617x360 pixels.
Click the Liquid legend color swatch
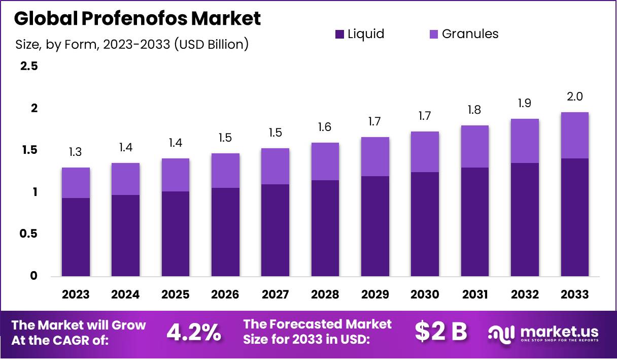(x=339, y=35)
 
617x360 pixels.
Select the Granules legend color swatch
(x=434, y=35)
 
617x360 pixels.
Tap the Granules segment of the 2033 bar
(x=575, y=135)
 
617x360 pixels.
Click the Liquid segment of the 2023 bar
(x=76, y=237)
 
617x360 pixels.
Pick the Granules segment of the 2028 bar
(x=325, y=161)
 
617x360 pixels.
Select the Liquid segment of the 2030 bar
(x=425, y=224)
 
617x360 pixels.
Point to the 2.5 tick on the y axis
(x=28, y=67)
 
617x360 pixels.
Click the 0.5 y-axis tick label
(x=28, y=234)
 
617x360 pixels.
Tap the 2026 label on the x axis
(x=225, y=294)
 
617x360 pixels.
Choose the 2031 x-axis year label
(x=475, y=294)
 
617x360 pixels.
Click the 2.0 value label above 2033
(x=575, y=96)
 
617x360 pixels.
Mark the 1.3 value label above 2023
(x=76, y=152)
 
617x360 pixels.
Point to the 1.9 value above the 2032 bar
(x=525, y=103)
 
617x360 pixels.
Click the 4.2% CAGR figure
(x=194, y=332)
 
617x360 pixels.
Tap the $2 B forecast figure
(x=440, y=332)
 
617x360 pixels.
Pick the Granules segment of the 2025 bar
(x=176, y=175)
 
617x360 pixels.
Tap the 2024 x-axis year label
(x=125, y=294)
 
